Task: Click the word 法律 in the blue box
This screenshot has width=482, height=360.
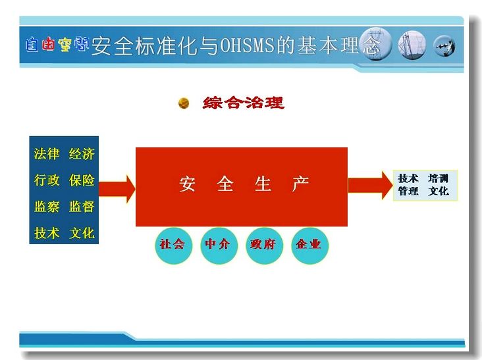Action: (x=46, y=153)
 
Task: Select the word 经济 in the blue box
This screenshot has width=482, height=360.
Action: (x=82, y=153)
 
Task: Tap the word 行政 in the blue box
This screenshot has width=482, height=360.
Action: (x=46, y=180)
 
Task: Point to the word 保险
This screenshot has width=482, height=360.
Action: (x=82, y=180)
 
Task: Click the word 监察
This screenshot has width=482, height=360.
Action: (x=46, y=207)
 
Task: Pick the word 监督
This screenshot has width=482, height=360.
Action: (x=82, y=207)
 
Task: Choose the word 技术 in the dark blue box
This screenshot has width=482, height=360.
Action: (x=46, y=233)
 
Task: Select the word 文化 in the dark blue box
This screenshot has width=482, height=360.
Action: (x=82, y=233)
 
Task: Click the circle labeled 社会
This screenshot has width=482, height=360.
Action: (x=173, y=245)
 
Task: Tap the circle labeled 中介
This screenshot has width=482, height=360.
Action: (x=219, y=245)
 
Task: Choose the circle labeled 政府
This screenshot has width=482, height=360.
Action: (x=264, y=245)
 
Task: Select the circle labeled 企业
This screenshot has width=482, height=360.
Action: (x=309, y=245)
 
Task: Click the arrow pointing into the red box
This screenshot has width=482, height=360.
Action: (x=117, y=189)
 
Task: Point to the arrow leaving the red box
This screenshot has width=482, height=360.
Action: (x=371, y=185)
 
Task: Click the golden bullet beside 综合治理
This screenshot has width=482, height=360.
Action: (x=184, y=103)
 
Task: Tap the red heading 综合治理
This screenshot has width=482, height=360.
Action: (x=243, y=103)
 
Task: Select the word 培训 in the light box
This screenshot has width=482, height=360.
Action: (x=439, y=178)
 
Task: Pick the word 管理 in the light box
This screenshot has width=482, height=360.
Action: (x=408, y=191)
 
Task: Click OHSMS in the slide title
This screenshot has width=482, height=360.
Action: (x=247, y=45)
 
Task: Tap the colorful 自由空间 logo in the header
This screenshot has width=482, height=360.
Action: (x=57, y=44)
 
